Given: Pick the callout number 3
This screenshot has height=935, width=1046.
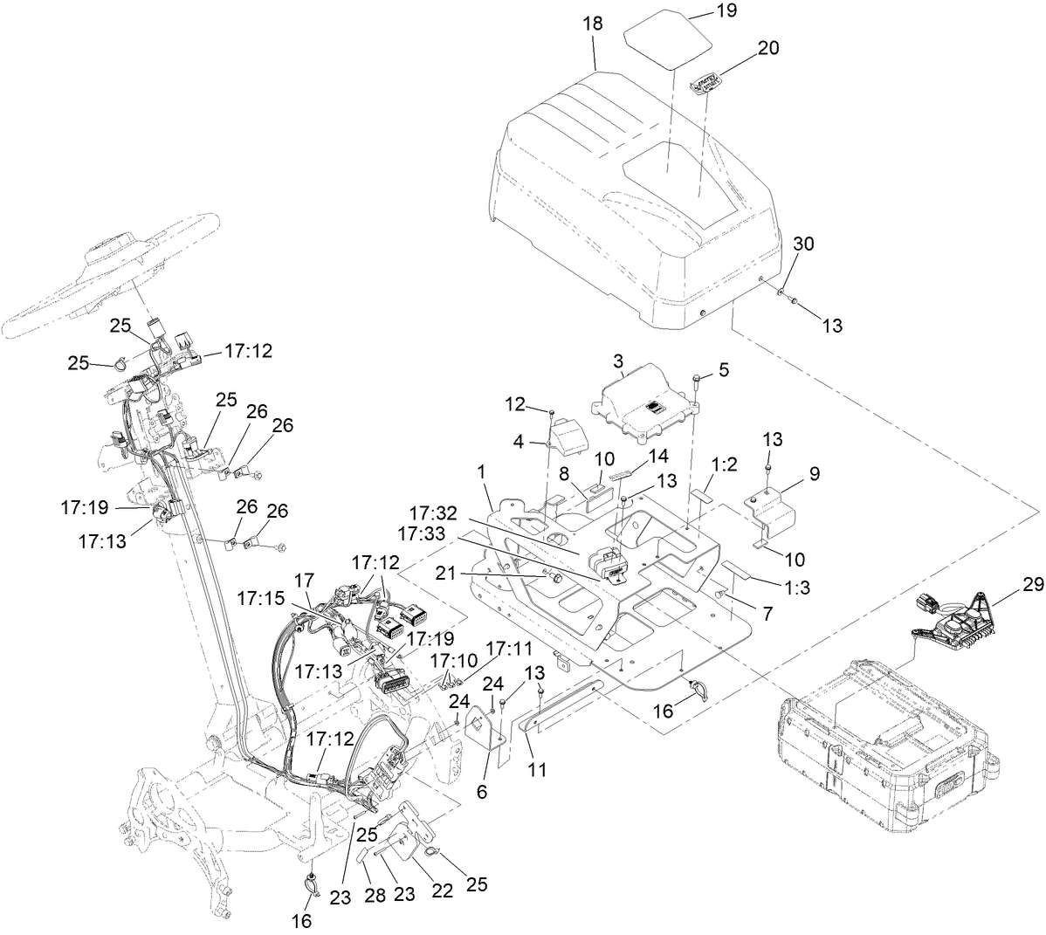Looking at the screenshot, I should point(617,360).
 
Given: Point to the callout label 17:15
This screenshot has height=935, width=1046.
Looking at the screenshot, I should point(259,602).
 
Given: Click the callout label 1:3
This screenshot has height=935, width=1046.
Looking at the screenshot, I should point(799,588).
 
